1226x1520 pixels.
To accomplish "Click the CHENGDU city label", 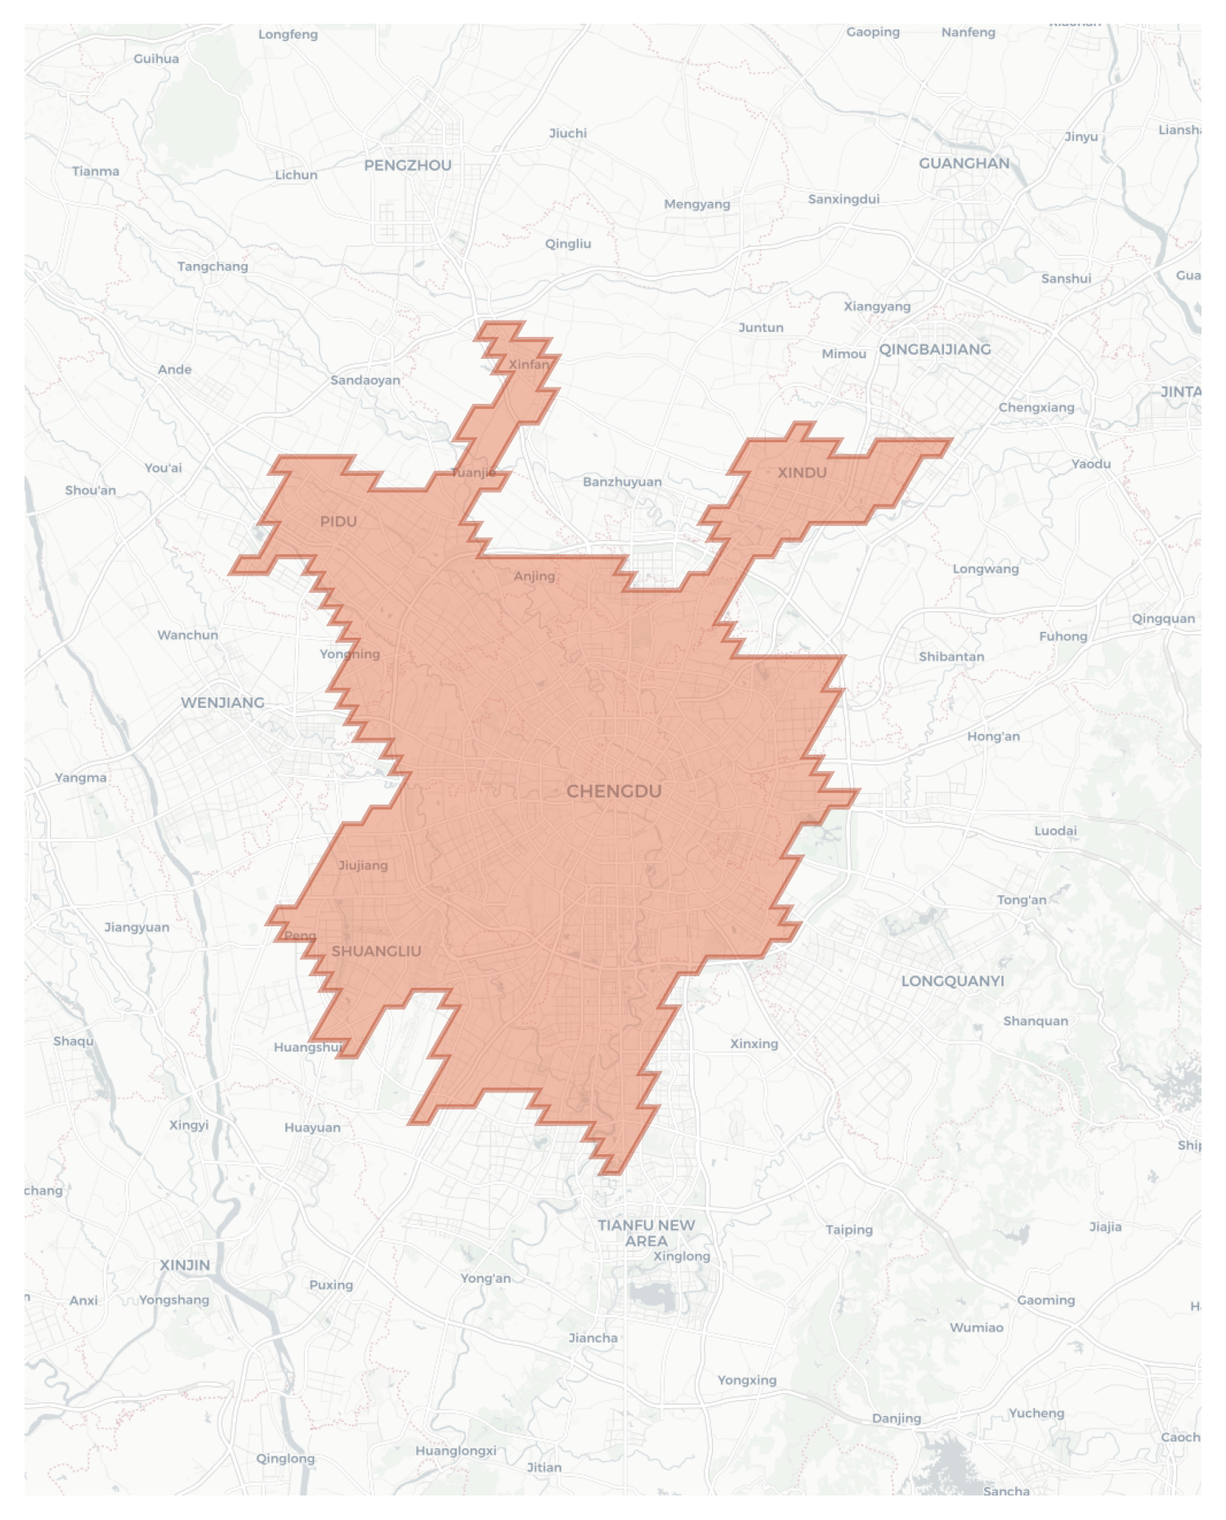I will click(614, 791).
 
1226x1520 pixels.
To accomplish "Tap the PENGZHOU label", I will click(407, 165).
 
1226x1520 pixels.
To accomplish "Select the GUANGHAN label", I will click(964, 163).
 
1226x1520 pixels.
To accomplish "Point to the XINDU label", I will click(802, 472).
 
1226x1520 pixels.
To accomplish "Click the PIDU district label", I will click(338, 521).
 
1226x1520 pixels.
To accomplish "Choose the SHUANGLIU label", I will click(376, 951).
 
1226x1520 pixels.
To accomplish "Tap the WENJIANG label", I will click(222, 702).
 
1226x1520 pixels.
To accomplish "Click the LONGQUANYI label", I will click(952, 980).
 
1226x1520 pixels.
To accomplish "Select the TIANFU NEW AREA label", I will click(646, 1232).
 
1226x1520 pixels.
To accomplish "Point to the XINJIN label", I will click(185, 1265).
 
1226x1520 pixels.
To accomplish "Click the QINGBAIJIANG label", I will click(934, 349).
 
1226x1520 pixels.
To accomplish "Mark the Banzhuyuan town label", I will click(622, 482).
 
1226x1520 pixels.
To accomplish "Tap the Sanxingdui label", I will click(843, 199).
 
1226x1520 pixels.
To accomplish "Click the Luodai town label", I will click(1055, 830).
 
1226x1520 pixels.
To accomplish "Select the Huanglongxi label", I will click(455, 1451).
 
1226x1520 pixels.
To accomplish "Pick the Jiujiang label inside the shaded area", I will click(363, 865).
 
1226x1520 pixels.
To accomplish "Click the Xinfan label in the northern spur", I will click(529, 365).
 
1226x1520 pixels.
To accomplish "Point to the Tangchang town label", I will click(213, 266).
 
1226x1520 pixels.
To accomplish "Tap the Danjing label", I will click(896, 1418).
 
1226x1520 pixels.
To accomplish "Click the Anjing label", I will click(534, 576).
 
